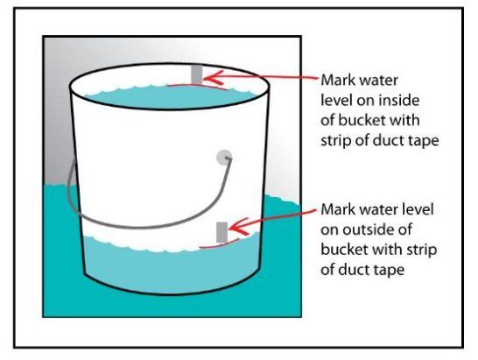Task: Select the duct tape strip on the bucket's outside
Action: coord(222,232)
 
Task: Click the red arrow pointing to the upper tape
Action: coord(263,78)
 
